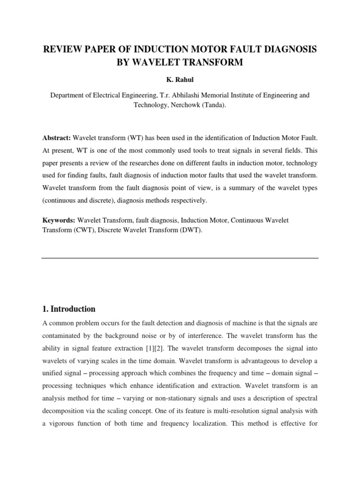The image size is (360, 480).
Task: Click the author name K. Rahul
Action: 180,80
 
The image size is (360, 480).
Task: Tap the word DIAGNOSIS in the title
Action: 288,48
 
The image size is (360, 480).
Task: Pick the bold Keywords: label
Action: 58,220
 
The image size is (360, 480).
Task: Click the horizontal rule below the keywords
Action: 180,258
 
